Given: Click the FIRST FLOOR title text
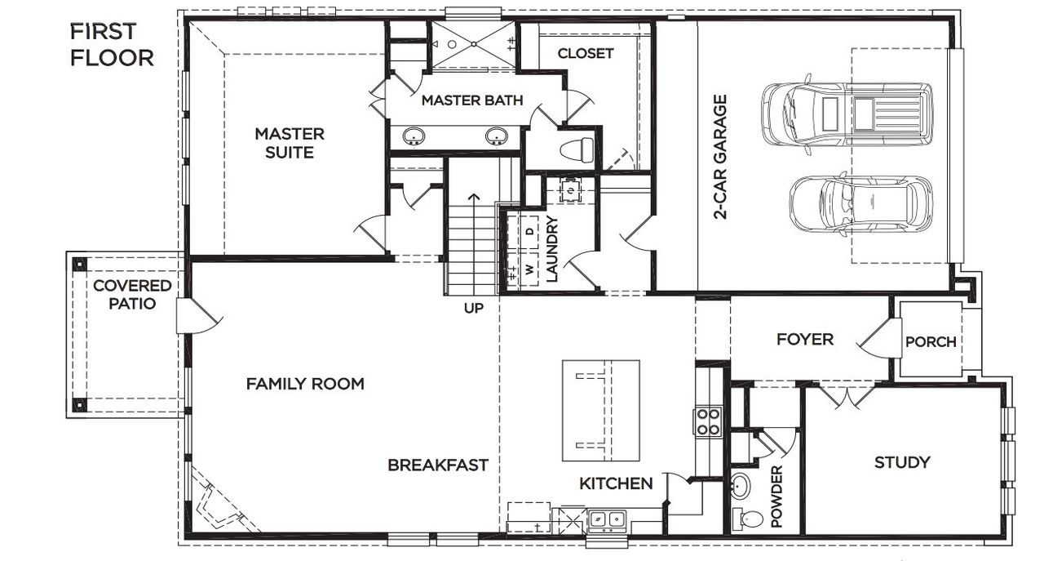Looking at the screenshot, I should pos(111,45).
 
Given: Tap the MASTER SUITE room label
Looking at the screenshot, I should pos(290,143).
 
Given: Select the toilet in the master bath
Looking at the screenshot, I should pos(577,150).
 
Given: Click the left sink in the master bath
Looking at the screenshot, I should pos(414,136).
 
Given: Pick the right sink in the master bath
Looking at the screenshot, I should pos(496,136).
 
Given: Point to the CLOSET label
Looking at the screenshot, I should pos(585,54).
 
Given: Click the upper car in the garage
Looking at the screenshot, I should pos(847,111).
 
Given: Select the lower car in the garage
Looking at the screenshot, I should pos(860,205).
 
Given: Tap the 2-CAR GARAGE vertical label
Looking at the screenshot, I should pos(720,158).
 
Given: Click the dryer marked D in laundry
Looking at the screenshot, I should pos(529,232).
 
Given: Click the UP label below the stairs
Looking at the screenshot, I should pos(474,309).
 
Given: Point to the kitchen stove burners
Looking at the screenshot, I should pos(708,421).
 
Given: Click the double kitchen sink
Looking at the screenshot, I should pos(607,518).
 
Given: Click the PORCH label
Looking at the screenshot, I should pos(930,342).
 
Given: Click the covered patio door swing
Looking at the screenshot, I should pos(197,317).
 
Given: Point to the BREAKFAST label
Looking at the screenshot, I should pos(437,465).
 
